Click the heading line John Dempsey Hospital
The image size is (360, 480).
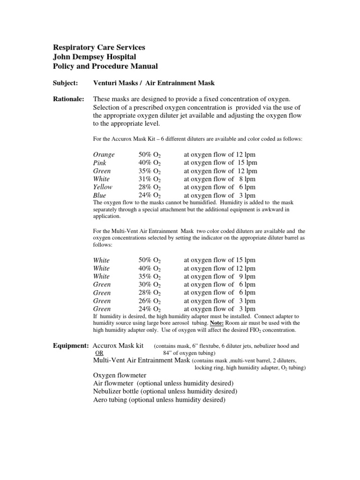coord(94,57)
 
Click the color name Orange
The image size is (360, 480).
coord(104,155)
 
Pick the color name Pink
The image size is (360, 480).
coord(101,163)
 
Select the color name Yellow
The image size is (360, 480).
coord(103,187)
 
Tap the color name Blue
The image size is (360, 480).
coord(100,195)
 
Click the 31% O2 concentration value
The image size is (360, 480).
coord(150,179)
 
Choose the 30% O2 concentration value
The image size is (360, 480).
coord(150,285)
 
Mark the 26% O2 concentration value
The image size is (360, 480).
coord(150,301)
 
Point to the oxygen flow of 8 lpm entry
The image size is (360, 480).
coord(219,179)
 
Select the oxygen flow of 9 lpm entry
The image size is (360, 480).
coord(219,277)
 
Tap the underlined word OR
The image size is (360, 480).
coord(99,352)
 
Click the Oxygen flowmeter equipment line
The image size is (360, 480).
coord(120,375)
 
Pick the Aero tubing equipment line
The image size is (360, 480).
coord(159,400)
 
